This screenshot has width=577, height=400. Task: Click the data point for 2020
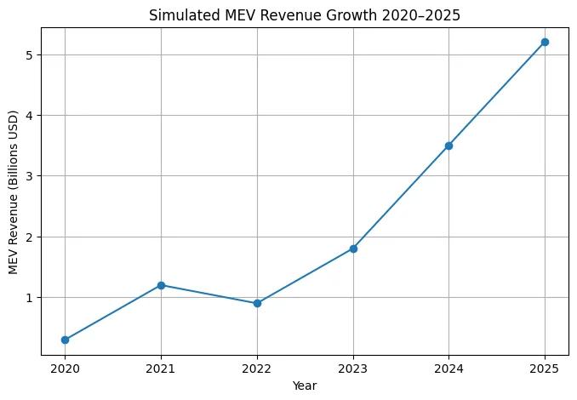click(x=65, y=340)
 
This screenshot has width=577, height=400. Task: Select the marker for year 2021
click(x=161, y=285)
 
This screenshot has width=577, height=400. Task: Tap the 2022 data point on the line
click(x=257, y=303)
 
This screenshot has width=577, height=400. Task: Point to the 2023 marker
click(x=353, y=249)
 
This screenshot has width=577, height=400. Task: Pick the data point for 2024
click(x=448, y=146)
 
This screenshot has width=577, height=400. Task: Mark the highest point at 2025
click(x=545, y=42)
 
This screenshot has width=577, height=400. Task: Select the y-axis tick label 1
click(x=29, y=298)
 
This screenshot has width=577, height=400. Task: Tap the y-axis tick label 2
click(x=29, y=237)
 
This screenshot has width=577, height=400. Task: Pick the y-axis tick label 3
click(x=29, y=176)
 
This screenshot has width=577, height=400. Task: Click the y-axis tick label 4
click(x=29, y=116)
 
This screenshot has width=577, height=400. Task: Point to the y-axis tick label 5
click(x=29, y=55)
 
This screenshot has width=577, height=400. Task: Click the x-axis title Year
click(x=305, y=386)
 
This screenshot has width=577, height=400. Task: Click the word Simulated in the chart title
click(x=179, y=14)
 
